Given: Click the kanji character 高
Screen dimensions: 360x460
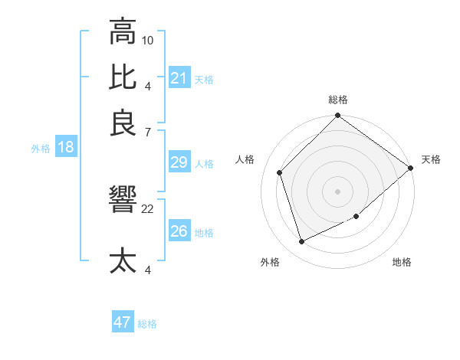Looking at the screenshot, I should [123, 32].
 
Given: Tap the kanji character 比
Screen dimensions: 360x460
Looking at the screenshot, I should [123, 77].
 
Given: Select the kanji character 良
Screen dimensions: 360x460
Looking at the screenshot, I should [123, 123].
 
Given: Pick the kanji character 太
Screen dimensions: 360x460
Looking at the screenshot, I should [123, 260].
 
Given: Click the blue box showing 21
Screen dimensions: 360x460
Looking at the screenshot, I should [179, 78].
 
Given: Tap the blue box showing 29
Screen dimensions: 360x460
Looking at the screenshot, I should [179, 162].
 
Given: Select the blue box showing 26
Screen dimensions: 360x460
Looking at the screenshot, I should [179, 231].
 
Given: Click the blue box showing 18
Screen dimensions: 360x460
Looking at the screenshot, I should [66, 147].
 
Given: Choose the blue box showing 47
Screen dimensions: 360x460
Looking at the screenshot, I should [123, 322].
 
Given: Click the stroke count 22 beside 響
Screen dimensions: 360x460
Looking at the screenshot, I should [148, 208].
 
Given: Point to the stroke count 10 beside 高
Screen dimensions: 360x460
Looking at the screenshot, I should [148, 40].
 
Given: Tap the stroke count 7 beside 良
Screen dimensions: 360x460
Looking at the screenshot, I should [148, 132].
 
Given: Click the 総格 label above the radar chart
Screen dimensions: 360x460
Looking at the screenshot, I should [338, 100].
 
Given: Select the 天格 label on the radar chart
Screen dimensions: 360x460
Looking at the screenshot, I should [431, 159].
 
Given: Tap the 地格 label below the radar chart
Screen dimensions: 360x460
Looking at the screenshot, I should [402, 263].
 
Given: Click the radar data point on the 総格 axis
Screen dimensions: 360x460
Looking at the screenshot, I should [338, 116].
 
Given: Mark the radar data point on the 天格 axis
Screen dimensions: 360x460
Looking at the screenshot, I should [410, 168].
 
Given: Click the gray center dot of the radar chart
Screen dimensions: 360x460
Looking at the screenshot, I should [338, 191].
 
